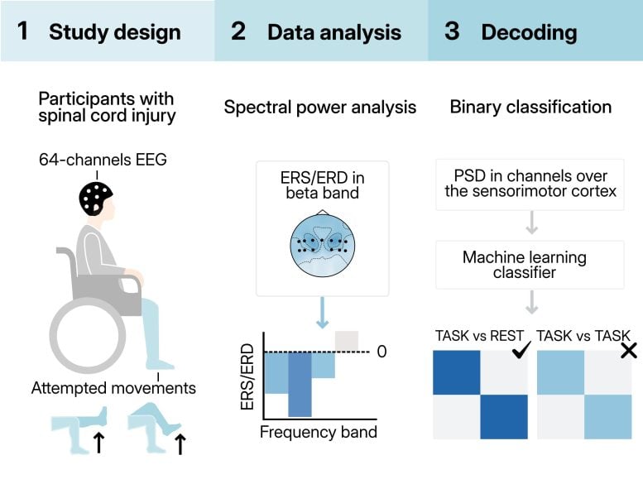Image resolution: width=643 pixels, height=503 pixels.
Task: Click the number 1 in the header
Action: (x=23, y=32)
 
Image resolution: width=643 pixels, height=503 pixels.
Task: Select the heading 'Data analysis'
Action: (x=333, y=33)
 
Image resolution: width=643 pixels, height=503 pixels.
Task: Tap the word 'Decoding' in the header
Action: (x=529, y=33)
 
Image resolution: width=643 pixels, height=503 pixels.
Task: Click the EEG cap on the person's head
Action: (x=95, y=197)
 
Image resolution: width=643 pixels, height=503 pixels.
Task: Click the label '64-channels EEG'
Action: (x=103, y=160)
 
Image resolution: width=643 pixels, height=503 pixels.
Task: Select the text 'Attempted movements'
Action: (x=113, y=387)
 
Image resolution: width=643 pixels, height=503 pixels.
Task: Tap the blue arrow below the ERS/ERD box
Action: (x=322, y=314)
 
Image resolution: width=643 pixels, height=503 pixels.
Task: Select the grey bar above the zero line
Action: (x=346, y=340)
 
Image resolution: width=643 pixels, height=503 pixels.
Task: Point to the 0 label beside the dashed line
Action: (x=381, y=352)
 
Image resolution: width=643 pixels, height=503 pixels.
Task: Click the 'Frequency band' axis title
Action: (x=319, y=432)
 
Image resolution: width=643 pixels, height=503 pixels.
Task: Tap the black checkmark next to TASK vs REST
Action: (x=521, y=350)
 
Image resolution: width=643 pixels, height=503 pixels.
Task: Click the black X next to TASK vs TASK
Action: (x=629, y=350)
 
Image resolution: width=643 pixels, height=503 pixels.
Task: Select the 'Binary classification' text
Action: (x=530, y=107)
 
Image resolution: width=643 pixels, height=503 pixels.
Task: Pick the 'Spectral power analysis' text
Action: (x=320, y=108)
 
